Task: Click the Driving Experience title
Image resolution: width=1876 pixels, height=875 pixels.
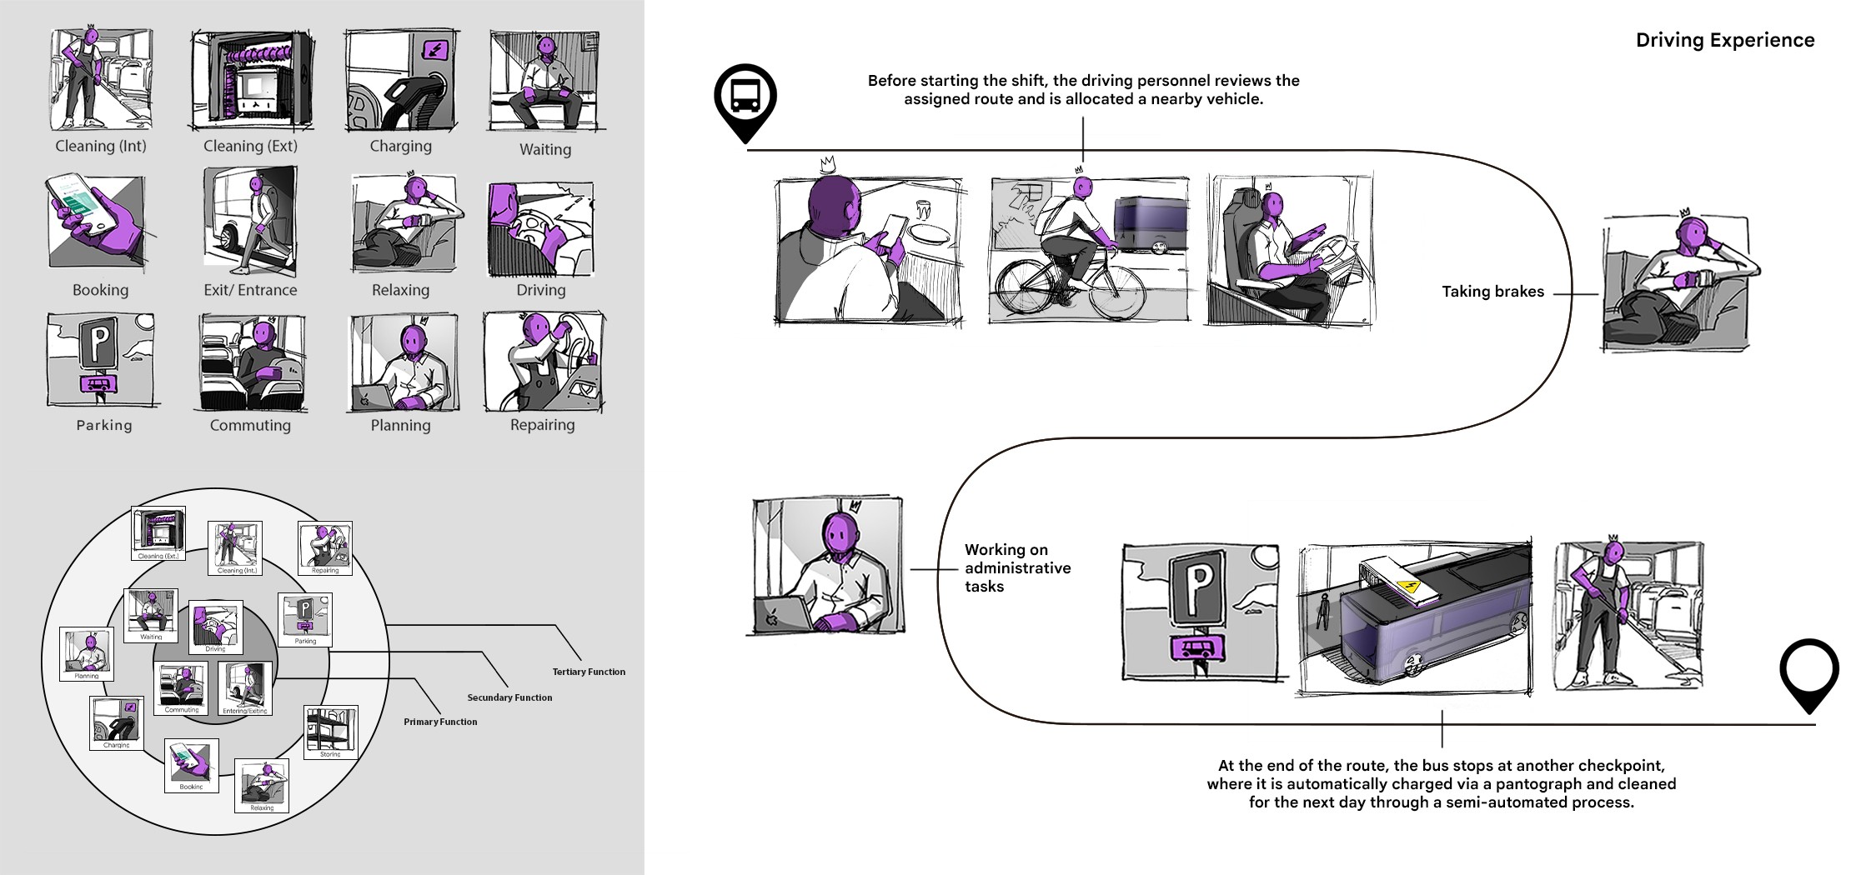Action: tap(1724, 40)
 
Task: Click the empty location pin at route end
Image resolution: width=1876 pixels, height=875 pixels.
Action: tap(1808, 672)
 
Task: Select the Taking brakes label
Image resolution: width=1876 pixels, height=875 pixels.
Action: tap(1492, 292)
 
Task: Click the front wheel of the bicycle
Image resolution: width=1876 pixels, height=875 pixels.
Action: tap(1117, 292)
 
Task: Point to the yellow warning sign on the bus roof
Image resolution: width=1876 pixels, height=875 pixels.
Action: tap(1409, 587)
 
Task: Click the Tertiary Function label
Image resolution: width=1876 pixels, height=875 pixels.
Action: tap(589, 672)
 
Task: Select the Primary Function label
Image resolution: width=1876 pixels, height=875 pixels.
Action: tap(440, 722)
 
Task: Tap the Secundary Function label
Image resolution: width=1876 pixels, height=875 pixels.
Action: tap(509, 697)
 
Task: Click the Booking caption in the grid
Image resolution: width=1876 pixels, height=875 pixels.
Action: tap(100, 290)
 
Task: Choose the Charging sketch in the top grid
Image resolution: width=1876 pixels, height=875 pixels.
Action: tap(401, 81)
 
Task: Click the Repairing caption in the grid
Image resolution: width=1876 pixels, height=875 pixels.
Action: tap(542, 425)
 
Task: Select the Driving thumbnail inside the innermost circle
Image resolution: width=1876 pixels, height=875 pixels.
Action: tap(215, 625)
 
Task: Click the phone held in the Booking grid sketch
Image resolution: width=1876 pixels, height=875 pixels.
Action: tap(82, 202)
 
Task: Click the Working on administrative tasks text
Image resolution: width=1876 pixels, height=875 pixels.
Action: tap(1017, 568)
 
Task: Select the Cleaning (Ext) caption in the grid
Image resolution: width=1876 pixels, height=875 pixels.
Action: tap(250, 147)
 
